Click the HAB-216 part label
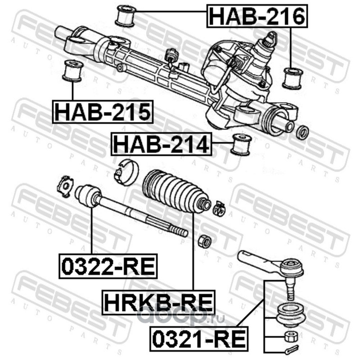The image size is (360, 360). click(257, 16)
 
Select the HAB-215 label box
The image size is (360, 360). click(103, 112)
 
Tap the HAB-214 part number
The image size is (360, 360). click(162, 144)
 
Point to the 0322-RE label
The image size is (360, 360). click(108, 266)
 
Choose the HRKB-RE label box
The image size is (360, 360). click(159, 302)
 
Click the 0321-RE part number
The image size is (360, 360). click(199, 339)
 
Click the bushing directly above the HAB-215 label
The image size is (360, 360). click(72, 71)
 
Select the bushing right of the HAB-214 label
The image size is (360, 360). click(241, 144)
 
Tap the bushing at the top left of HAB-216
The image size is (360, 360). click(126, 16)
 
